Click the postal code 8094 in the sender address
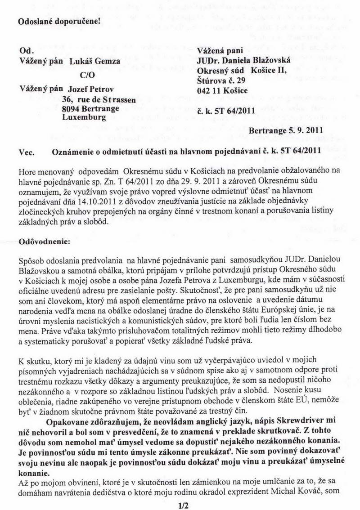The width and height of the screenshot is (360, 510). coord(71,109)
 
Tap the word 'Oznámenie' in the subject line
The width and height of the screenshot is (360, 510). coord(73,152)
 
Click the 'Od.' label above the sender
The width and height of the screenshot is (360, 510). coord(23,52)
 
